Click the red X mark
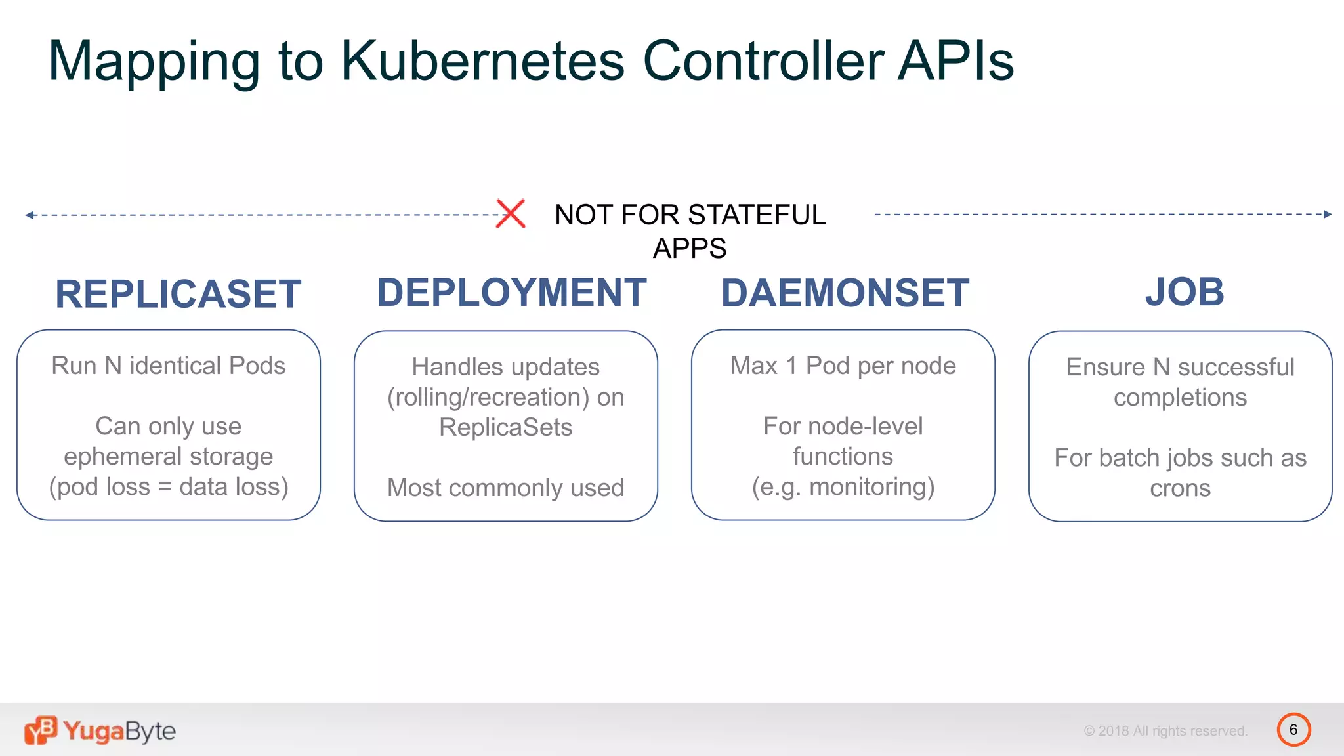coord(511,213)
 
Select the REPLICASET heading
coord(178,293)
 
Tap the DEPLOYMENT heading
coord(511,292)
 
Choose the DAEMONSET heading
coord(845,293)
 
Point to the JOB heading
coord(1185,291)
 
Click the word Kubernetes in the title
coord(482,61)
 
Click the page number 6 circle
coord(1293,730)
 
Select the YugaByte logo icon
coord(41,730)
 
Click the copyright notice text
coord(1165,731)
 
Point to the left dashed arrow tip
coord(29,215)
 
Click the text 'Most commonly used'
coord(505,488)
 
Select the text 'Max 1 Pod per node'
coord(843,366)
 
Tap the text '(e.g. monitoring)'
coord(843,487)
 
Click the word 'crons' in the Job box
coord(1180,488)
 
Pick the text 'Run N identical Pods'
coord(169,366)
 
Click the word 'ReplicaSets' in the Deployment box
coord(505,427)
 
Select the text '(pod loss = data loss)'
coord(169,487)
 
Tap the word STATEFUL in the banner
coord(757,215)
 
